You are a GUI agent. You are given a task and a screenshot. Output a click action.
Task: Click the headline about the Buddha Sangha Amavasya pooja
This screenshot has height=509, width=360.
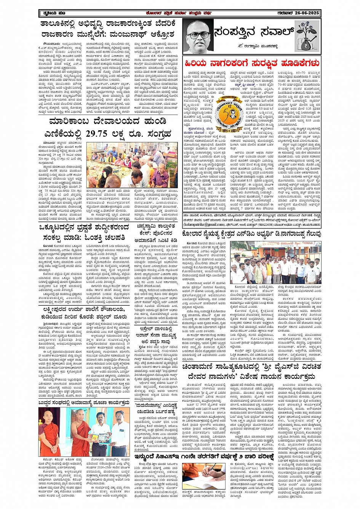click(x=83, y=402)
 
